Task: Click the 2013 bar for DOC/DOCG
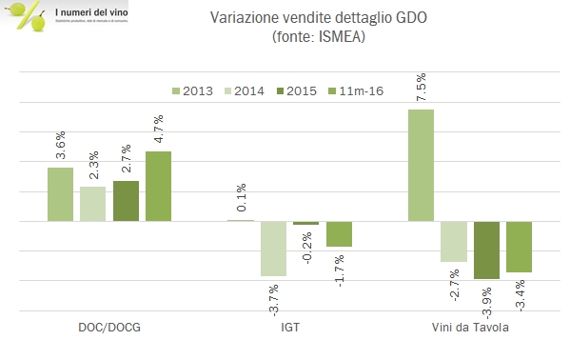click(x=60, y=194)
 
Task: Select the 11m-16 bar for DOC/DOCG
click(x=158, y=186)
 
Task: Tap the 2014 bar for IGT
click(x=274, y=249)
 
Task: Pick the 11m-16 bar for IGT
click(x=340, y=234)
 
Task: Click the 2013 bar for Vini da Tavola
click(x=421, y=165)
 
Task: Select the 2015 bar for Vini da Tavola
click(x=486, y=250)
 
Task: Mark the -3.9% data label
click(x=486, y=302)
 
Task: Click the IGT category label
click(x=289, y=328)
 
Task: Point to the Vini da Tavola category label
click(x=469, y=328)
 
